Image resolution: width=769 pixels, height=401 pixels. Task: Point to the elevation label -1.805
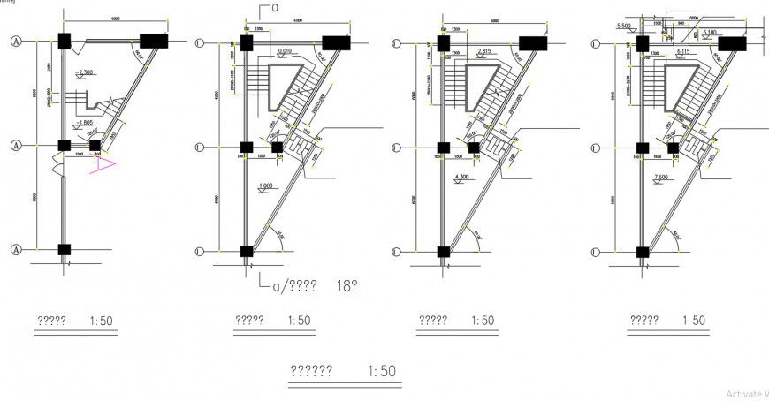coord(86,122)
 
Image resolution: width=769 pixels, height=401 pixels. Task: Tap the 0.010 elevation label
coord(284,51)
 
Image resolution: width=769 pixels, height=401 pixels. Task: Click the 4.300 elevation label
coord(461,177)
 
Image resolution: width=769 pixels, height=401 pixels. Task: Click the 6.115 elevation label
coord(682,51)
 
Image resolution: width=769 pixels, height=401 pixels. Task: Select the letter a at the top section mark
coord(276,7)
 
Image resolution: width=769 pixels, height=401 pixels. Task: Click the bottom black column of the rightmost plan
coord(643,251)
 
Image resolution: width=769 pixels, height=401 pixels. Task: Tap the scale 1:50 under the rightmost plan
coord(692,321)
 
